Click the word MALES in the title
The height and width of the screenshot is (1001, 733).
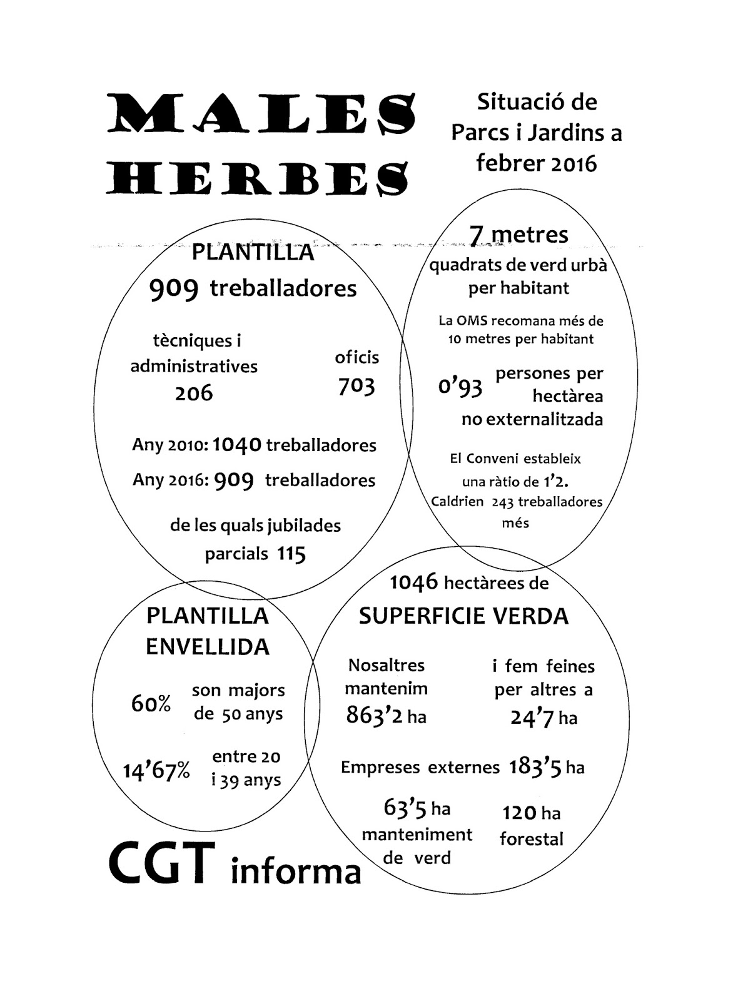262,114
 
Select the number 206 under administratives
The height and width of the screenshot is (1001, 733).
194,394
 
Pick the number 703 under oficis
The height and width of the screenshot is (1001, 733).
356,387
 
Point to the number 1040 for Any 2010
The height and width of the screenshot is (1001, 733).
237,445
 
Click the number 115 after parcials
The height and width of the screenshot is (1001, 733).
292,554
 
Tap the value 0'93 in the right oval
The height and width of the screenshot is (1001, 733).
460,387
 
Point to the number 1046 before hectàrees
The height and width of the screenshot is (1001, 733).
413,582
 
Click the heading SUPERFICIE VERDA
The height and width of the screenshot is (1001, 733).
463,616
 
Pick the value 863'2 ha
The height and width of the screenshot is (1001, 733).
387,715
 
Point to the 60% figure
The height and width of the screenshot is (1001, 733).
151,704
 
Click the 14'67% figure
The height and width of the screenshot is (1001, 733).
156,771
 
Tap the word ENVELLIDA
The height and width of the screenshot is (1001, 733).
207,647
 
